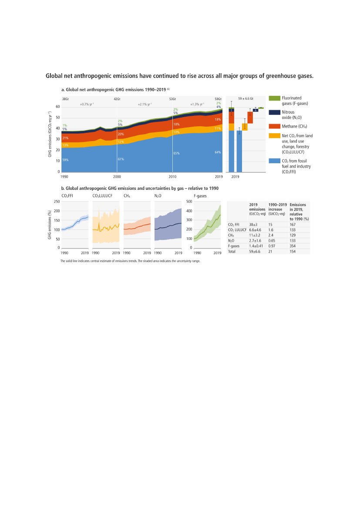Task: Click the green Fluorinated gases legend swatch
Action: (274, 98)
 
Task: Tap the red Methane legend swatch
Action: (274, 126)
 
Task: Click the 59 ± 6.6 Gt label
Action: (246, 99)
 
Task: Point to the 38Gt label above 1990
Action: (65, 99)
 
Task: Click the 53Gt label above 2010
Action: (172, 99)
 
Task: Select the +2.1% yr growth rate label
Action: (145, 104)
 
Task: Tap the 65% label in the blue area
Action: (176, 153)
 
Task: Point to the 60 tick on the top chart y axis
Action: (57, 107)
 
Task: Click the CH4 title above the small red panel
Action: (127, 196)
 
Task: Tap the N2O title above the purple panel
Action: (158, 196)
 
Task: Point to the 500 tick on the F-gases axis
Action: (189, 202)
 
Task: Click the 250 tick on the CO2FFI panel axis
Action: (57, 202)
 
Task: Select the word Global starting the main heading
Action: (56, 76)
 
